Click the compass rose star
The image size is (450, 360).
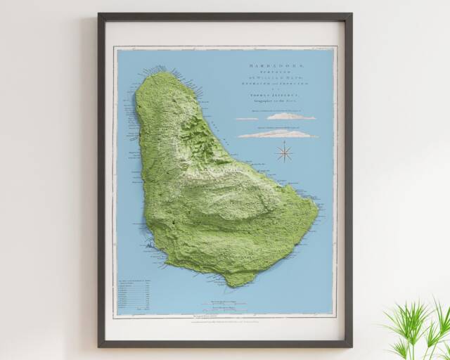(x=285, y=151)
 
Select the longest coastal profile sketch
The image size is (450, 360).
(x=277, y=134)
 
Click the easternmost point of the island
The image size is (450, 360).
(x=319, y=210)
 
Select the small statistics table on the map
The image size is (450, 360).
(x=134, y=291)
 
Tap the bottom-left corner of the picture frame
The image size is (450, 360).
(x=99, y=346)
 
